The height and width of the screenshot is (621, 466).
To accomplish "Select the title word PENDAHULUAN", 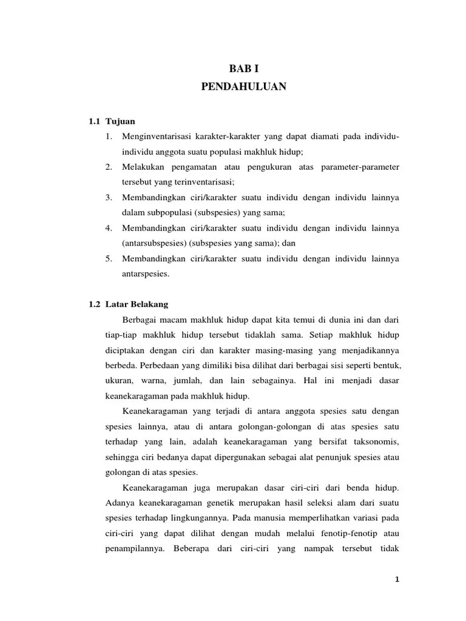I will point(243,87).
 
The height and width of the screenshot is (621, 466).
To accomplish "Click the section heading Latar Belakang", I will point(137,304).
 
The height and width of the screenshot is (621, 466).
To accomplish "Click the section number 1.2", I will point(94,304).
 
